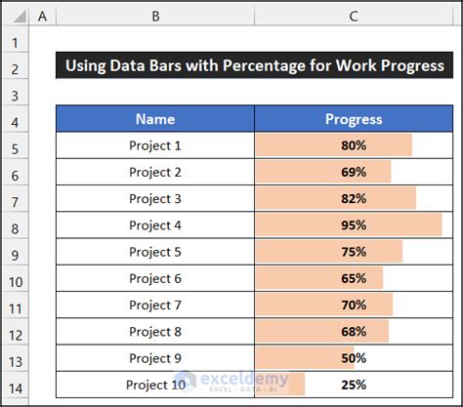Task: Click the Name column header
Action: pyautogui.click(x=155, y=119)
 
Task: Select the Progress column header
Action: pyautogui.click(x=354, y=119)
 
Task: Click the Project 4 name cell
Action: pyautogui.click(x=155, y=224)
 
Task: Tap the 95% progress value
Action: pyautogui.click(x=354, y=224)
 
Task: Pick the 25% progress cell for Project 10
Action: pyautogui.click(x=354, y=384)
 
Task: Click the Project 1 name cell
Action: pyautogui.click(x=155, y=145)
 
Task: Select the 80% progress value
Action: pyautogui.click(x=354, y=145)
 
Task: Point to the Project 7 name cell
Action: pyautogui.click(x=155, y=305)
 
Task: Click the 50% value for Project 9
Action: pyautogui.click(x=354, y=357)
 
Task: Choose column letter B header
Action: pyautogui.click(x=155, y=17)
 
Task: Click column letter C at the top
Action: pyautogui.click(x=354, y=17)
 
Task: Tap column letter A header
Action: pyautogui.click(x=42, y=17)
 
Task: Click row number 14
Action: pyautogui.click(x=14, y=387)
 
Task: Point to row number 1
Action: pyautogui.click(x=14, y=44)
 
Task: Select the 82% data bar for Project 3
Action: pyautogui.click(x=335, y=198)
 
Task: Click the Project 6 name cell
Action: pyautogui.click(x=155, y=278)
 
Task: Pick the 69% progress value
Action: pyautogui.click(x=354, y=172)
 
